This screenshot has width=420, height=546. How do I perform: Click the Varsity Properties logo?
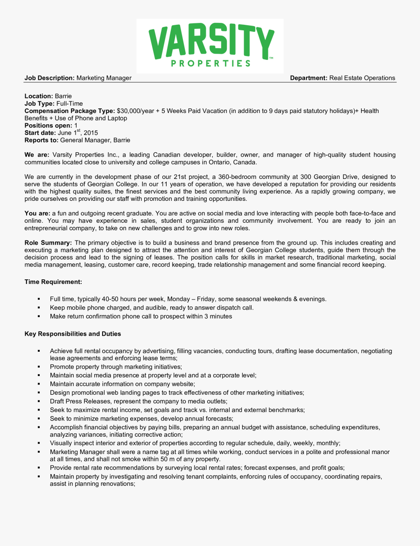(x=210, y=45)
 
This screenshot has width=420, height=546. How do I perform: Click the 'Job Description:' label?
(x=49, y=78)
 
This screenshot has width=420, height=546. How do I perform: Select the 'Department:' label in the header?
(x=308, y=78)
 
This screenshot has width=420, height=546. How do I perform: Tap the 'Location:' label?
(x=39, y=96)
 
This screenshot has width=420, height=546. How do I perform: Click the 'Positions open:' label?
(x=48, y=126)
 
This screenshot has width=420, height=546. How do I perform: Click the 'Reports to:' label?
(x=42, y=140)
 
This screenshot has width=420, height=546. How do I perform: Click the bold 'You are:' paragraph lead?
(x=37, y=213)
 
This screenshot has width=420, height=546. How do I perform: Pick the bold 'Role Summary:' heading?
(x=48, y=243)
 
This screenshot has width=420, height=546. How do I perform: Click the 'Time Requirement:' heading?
(x=53, y=282)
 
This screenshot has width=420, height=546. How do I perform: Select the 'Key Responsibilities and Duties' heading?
(x=72, y=334)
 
